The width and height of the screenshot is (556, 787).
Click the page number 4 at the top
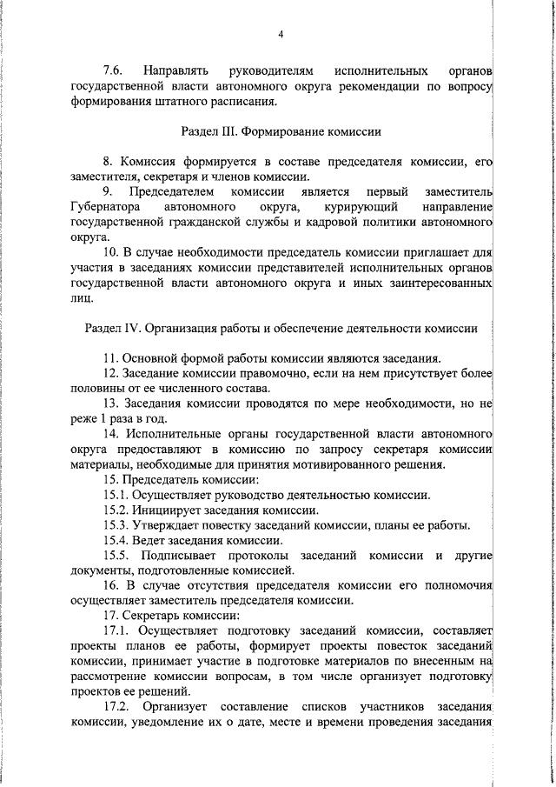(280, 34)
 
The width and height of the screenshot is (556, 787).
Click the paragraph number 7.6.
(115, 69)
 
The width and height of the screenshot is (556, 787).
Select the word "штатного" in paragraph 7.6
(185, 100)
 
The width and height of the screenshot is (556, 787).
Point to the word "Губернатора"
(103, 207)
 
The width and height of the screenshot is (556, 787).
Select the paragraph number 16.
(110, 586)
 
